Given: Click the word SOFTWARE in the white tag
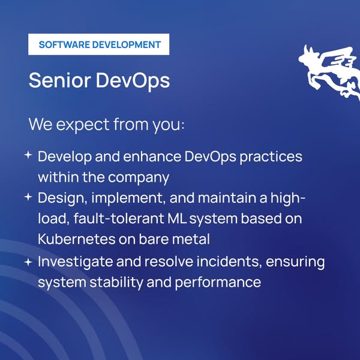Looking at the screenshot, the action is pyautogui.click(x=64, y=44).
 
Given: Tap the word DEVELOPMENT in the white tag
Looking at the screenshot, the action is pyautogui.click(x=126, y=44).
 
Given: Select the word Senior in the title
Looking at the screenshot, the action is pyautogui.click(x=59, y=80).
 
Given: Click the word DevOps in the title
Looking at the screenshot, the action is pyautogui.click(x=133, y=81).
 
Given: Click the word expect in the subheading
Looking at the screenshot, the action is pyautogui.click(x=83, y=125).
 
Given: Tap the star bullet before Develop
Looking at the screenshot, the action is pyautogui.click(x=28, y=155).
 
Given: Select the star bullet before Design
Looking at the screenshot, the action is pyautogui.click(x=28, y=197).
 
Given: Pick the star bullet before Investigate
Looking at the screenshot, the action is pyautogui.click(x=28, y=262).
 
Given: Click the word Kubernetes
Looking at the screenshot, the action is pyautogui.click(x=76, y=239).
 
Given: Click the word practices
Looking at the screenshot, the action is pyautogui.click(x=271, y=157).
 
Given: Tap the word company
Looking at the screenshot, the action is pyautogui.click(x=139, y=178).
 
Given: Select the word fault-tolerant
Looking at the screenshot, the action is pyautogui.click(x=119, y=218).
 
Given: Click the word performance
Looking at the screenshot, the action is pyautogui.click(x=218, y=283).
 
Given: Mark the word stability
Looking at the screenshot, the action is pyautogui.click(x=116, y=283).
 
